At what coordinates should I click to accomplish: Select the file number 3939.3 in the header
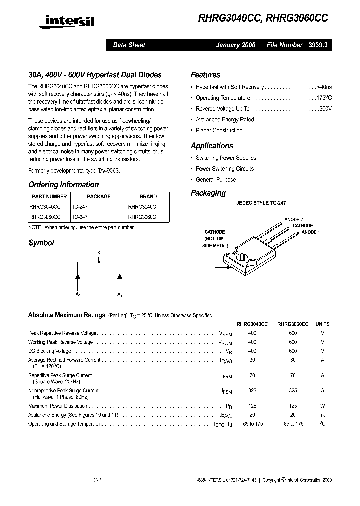coord(317,45)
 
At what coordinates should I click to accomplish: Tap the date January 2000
coord(235,45)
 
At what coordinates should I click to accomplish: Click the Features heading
coord(205,75)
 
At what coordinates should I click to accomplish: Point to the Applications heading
coord(212,146)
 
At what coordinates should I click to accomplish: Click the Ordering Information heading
coord(63,184)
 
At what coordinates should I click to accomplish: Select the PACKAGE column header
coord(98,196)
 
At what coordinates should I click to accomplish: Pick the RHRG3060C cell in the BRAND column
coord(142,217)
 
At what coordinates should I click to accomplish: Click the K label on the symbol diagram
coord(99,253)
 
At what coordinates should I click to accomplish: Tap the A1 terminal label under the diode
coord(78,295)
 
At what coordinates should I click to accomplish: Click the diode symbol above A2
coord(120,276)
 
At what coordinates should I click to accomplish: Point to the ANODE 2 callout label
coord(294,220)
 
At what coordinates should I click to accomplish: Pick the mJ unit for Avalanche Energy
coord(322,415)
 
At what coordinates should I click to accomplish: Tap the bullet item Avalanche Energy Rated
coord(225,119)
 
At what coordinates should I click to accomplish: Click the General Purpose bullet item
coord(216,179)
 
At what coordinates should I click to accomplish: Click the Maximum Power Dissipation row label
coord(58,406)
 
